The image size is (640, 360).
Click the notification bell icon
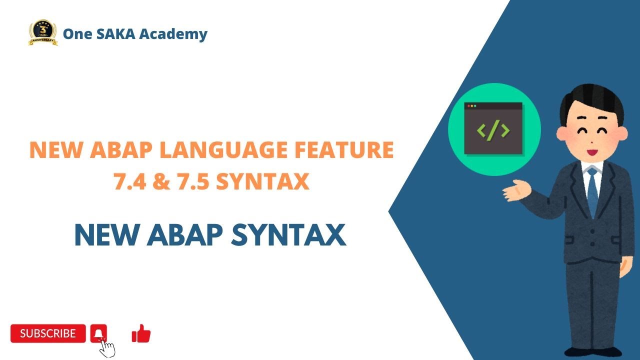pos(99,333)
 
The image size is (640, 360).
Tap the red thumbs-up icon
pos(141,333)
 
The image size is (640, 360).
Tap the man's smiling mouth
pos(592,150)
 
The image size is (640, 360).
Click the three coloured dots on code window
pos(471,106)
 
